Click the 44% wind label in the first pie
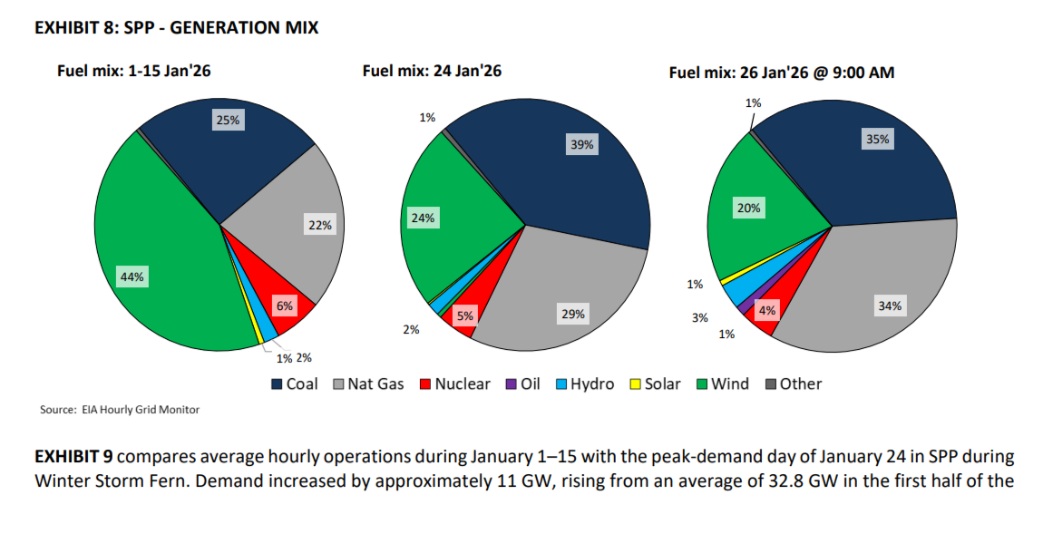pos(132,277)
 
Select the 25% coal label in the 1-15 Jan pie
pos(227,120)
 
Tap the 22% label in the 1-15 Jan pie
pos(320,226)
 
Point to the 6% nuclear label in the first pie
pos(285,306)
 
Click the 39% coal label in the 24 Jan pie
pos(582,144)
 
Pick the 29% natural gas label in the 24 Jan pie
pos(573,314)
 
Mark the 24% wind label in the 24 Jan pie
pos(423,218)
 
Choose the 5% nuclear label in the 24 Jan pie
pos(465,316)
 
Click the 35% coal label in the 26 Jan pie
pos(879,140)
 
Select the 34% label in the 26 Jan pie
pos(889,306)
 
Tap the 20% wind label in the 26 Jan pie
pos(749,208)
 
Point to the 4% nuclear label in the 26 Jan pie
pos(767,311)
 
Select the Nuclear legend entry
pos(453,383)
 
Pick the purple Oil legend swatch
pos(511,384)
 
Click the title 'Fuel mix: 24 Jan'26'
pos(432,71)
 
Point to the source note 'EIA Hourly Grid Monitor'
pos(141,410)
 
